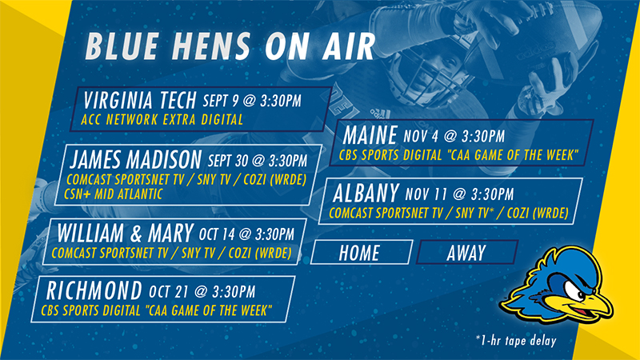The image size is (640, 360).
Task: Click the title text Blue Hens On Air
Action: click(x=230, y=46)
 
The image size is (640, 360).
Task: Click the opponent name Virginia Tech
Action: click(x=140, y=101)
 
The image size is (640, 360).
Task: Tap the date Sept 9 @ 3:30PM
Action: click(x=252, y=101)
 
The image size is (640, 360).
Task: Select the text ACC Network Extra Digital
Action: click(x=162, y=119)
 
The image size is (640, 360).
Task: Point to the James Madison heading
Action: click(x=135, y=159)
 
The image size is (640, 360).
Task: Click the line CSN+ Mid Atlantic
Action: click(x=114, y=194)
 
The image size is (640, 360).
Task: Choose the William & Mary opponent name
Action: click(x=125, y=233)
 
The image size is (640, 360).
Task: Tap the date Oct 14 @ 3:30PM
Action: click(x=246, y=234)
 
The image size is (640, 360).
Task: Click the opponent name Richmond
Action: click(x=94, y=290)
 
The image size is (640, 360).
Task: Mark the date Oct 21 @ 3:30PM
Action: click(x=202, y=292)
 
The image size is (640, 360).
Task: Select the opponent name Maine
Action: click(x=370, y=135)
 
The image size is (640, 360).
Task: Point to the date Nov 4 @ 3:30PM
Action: click(x=454, y=136)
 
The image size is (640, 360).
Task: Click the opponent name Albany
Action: click(x=366, y=193)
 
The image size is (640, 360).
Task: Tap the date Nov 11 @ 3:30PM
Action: click(x=459, y=194)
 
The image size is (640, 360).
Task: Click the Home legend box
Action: click(x=362, y=252)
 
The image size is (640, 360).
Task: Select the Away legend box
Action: click(x=467, y=252)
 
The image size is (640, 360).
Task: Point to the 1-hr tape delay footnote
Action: click(x=516, y=341)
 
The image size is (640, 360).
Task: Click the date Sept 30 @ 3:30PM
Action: click(x=258, y=161)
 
